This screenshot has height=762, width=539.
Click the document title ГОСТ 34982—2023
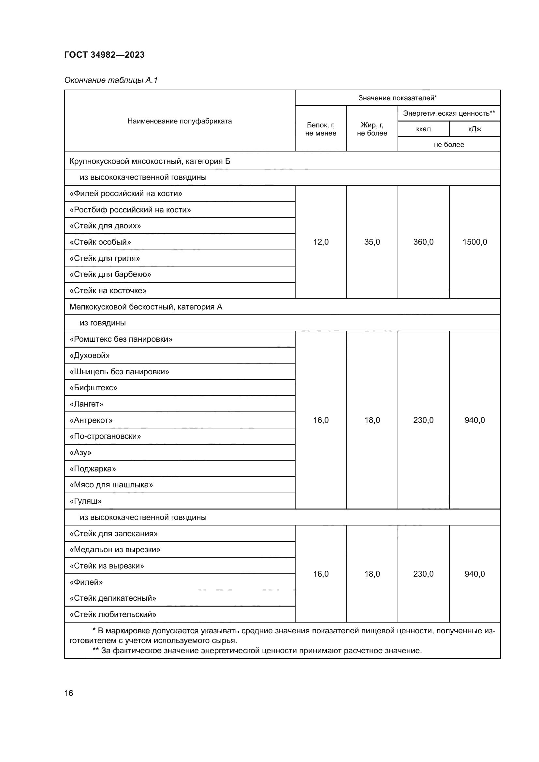coord(104,55)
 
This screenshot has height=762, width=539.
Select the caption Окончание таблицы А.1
coord(111,80)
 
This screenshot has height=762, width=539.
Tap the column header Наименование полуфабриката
coord(180,121)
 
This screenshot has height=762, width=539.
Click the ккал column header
coord(423,129)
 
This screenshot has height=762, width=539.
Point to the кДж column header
coord(474,129)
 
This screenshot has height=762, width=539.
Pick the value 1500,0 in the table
coord(474,242)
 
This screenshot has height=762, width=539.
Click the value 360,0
coord(423,242)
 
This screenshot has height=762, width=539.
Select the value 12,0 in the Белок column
coord(321,242)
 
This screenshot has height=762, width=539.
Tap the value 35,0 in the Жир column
coord(372,242)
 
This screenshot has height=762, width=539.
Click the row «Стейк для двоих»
coord(105,226)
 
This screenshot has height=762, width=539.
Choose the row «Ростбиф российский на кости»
coord(130,210)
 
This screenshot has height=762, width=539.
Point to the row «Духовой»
coord(90,355)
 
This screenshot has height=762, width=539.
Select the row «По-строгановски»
coord(105,436)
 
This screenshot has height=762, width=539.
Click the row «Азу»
coord(80,453)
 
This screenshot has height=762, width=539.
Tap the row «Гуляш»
coord(86,501)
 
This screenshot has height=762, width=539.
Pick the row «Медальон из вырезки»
coord(115,550)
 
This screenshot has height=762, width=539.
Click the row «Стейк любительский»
coord(113,614)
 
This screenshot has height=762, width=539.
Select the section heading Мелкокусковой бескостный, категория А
coord(146,307)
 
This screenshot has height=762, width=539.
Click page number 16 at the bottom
coord(69,693)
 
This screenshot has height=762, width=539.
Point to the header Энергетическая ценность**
coord(449,113)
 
